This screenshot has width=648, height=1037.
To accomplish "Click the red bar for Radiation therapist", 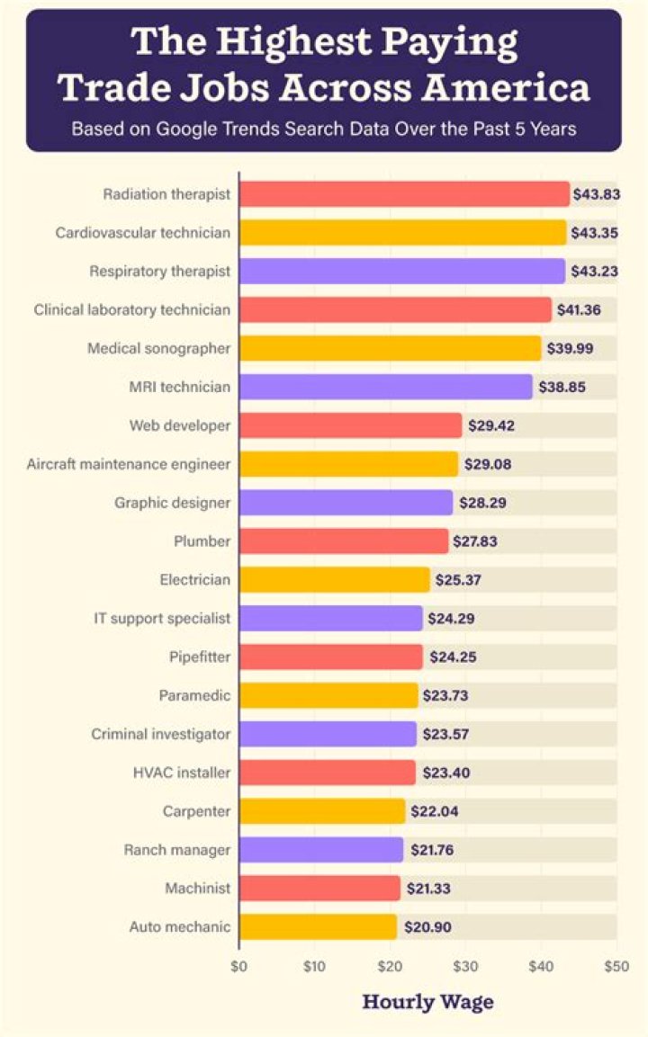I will pos(405,194).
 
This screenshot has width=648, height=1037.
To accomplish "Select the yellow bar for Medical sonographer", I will pos(391,348).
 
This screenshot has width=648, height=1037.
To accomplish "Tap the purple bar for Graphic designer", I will pos(346,503).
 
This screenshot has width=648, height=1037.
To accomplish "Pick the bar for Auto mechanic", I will pos(319,926).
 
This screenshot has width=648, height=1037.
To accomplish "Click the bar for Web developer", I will pos(351,425).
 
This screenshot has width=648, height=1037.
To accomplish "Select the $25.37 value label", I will pos(459,580).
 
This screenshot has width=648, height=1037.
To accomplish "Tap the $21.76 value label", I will pos(433,850).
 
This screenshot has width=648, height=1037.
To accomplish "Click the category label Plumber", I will pos(202,541).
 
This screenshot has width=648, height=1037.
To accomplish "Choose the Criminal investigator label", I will pos(161,734).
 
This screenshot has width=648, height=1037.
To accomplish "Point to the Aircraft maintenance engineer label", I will pos(129,464).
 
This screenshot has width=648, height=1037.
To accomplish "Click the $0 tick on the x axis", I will pos(238,967).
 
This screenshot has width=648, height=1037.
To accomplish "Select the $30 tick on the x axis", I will pos(465,967).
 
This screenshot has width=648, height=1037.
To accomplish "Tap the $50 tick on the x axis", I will pos(616,967).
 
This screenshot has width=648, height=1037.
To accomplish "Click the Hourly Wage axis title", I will pos(427,1002).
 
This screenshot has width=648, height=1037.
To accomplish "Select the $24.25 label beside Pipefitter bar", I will pos(452,657).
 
